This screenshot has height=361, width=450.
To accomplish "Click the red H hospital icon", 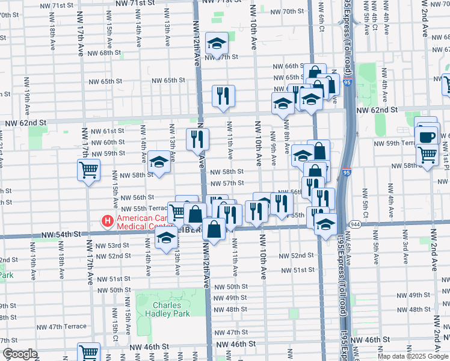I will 108,221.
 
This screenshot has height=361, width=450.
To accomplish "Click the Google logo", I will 20,354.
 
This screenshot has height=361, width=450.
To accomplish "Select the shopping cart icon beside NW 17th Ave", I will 88,170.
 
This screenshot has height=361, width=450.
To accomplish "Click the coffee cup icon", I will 426,137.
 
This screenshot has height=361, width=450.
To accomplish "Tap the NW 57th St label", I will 226,183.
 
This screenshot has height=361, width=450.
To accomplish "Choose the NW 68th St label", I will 102,53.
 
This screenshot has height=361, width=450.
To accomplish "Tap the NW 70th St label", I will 287,11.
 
